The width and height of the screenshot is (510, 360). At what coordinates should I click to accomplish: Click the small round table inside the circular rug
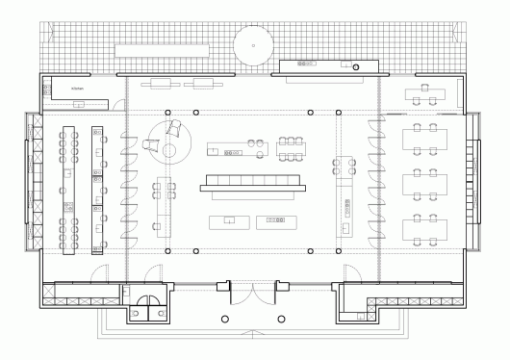[x=170, y=149]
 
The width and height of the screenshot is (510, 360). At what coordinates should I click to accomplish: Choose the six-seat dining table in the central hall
[x=292, y=145]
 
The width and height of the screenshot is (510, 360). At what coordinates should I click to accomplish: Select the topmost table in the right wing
[x=425, y=94]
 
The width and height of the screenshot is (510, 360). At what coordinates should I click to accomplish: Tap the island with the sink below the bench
[x=230, y=220]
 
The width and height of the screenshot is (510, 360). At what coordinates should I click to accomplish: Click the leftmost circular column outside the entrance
[x=224, y=318]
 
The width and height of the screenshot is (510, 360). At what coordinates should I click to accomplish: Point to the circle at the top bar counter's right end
[x=356, y=66]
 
